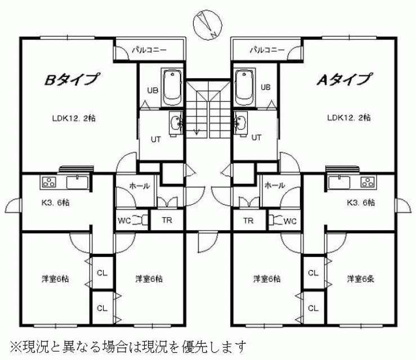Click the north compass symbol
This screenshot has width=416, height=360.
[208, 25]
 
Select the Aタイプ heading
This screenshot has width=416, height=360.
[344, 79]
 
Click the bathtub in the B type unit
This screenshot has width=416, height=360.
[172, 87]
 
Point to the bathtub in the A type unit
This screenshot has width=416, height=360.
[245, 88]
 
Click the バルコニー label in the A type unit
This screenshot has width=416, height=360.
[267, 49]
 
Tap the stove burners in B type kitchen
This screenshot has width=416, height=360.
[50, 182]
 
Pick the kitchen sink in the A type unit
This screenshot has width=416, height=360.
[339, 182]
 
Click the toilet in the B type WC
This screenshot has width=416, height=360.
[141, 220]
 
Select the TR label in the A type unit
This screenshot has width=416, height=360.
[248, 220]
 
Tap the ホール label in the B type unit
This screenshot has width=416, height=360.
[140, 186]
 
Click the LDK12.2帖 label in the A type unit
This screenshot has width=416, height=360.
[349, 118]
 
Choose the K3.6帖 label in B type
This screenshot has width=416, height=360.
[56, 202]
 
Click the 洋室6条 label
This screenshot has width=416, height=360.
[361, 278]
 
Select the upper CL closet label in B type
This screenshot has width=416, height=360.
[102, 273]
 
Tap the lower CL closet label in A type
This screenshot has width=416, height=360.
[313, 308]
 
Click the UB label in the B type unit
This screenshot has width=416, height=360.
[153, 91]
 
